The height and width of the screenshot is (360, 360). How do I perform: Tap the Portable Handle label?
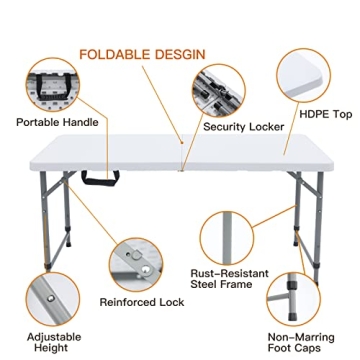(x=57, y=123)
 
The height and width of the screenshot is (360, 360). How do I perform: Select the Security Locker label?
(x=244, y=127)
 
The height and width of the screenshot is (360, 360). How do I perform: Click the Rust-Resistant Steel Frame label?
(x=229, y=280)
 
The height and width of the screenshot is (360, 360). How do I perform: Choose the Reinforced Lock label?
(x=141, y=302)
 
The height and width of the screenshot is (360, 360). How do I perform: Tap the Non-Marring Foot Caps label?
(x=300, y=342)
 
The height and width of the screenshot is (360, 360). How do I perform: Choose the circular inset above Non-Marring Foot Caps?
(x=297, y=296)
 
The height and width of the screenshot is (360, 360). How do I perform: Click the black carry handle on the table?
(x=99, y=181)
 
